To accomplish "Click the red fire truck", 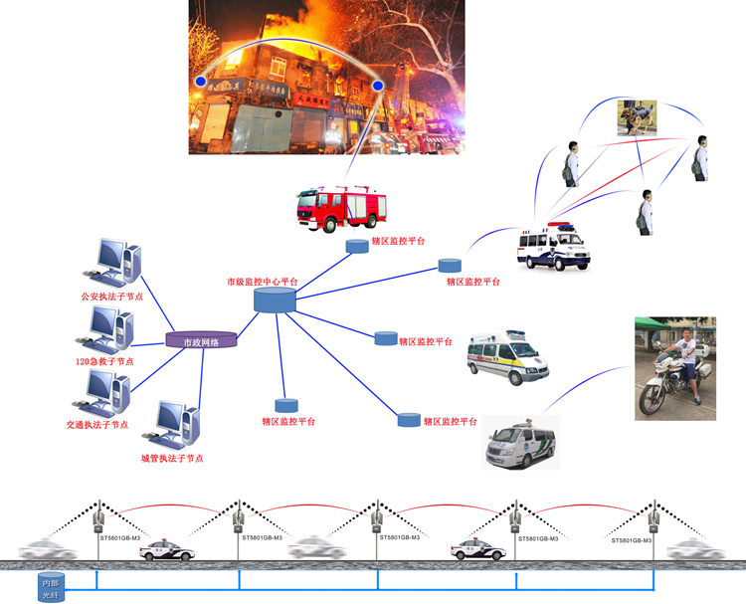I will [340, 207].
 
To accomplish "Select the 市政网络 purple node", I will [202, 341].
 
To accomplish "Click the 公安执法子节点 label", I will [111, 297].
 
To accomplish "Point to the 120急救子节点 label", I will [104, 361].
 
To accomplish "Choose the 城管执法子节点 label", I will [172, 458].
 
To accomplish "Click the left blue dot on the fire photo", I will [201, 81].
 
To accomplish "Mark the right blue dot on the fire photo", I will [378, 86].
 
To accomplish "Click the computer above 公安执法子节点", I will [112, 263].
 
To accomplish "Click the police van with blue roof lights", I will [553, 247].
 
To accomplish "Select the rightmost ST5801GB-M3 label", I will [632, 539].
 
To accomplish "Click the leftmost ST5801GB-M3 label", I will [120, 537].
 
